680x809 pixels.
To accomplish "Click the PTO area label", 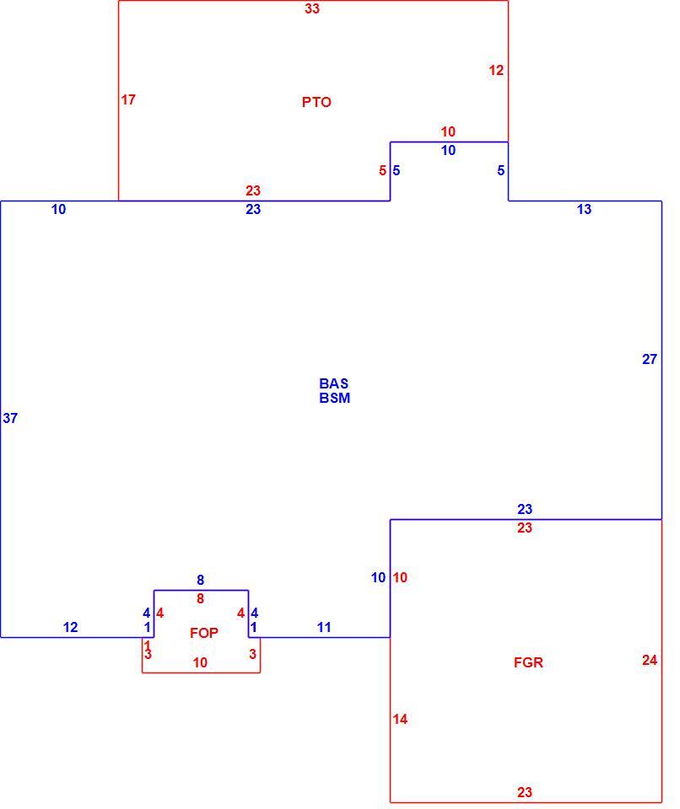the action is click(x=316, y=102).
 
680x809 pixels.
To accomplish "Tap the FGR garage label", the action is click(x=528, y=662).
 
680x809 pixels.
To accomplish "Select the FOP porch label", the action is click(x=203, y=633).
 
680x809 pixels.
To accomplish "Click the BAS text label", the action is click(x=334, y=383).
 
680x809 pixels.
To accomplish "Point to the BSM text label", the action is click(x=334, y=398).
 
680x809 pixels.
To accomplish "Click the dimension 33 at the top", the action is click(x=312, y=8).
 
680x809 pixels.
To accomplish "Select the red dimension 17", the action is click(x=128, y=99).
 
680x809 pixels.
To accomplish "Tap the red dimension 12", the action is click(x=496, y=70).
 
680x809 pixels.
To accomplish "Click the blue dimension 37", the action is click(x=10, y=419).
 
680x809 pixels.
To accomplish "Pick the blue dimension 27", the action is click(x=650, y=359).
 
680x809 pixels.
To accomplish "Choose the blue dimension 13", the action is click(x=584, y=210).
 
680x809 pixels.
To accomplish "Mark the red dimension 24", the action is click(x=650, y=660).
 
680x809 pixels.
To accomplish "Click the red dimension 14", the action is click(x=400, y=719).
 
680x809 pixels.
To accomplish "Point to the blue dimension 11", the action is click(x=324, y=627).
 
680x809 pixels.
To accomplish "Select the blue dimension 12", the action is click(x=70, y=627).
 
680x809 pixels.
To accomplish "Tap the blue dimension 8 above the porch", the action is click(x=201, y=581).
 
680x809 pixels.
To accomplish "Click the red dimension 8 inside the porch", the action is click(x=201, y=598).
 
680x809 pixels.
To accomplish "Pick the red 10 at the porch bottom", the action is click(x=200, y=662).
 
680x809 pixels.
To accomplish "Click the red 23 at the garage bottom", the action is click(x=525, y=792).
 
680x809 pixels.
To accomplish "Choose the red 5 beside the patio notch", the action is click(x=382, y=171).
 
